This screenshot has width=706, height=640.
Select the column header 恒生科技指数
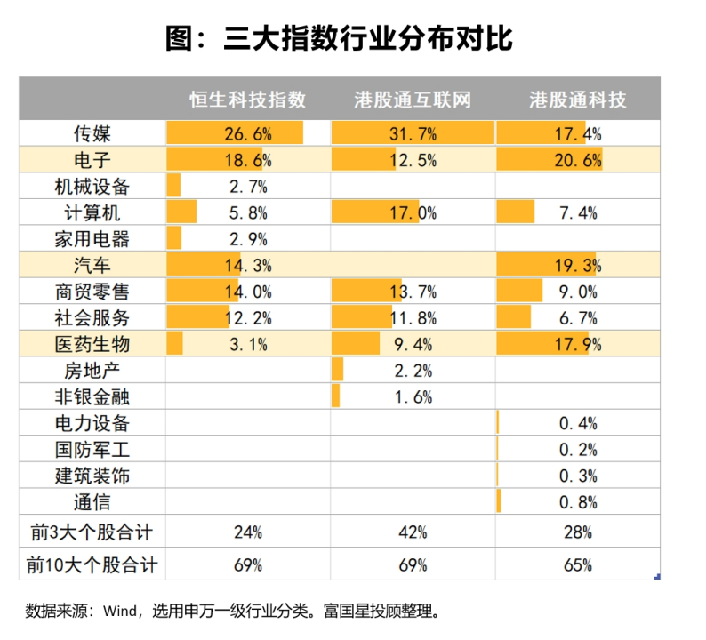pos(248,99)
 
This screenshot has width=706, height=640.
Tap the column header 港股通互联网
pos(412,99)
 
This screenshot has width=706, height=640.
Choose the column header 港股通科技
pos(578,99)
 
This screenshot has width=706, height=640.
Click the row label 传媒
pos(92,134)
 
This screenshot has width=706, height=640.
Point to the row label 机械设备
pos(92,187)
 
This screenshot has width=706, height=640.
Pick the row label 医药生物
pos(92,344)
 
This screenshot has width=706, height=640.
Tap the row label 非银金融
pos(92,396)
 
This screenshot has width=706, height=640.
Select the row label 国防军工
pos(92,450)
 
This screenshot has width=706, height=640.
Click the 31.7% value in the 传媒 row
pos(413,134)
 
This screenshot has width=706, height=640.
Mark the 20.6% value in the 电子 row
pos(578,161)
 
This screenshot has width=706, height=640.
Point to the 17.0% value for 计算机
pos(413,213)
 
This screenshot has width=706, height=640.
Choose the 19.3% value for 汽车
pos(578,266)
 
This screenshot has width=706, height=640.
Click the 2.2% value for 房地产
pos(413,371)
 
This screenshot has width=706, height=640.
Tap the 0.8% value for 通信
pos(578,502)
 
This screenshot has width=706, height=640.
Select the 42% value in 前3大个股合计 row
pos(413,532)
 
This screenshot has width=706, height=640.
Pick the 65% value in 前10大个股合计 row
pos(578,564)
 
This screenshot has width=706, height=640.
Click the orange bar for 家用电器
pos(173,239)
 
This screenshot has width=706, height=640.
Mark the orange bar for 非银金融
pos(335,396)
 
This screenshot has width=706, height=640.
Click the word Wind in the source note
pos(117,611)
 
